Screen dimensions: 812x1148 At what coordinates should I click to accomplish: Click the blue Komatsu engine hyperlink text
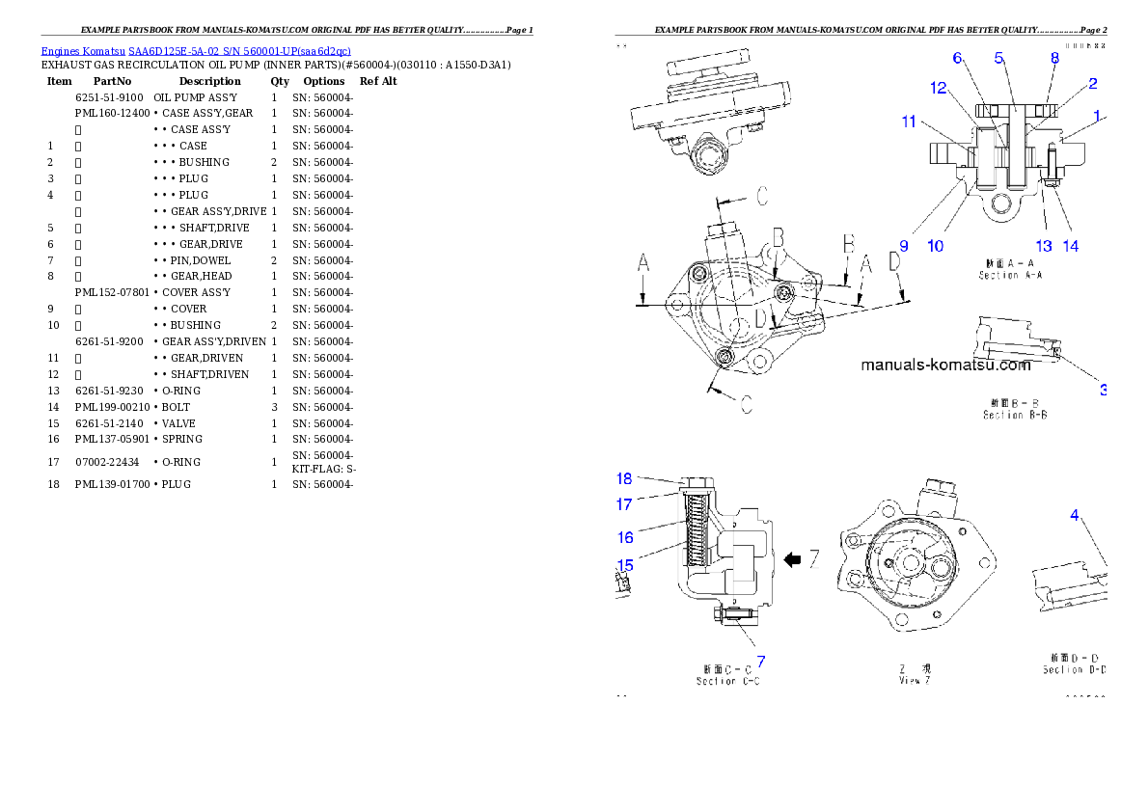point(196,50)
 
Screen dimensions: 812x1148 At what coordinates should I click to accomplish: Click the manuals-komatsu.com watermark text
point(945,365)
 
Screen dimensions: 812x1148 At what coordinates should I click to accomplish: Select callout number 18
point(626,478)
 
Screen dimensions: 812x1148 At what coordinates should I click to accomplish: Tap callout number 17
point(626,503)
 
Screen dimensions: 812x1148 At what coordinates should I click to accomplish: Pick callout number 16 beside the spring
point(626,537)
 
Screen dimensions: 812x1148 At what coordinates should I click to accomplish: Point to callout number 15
point(625,564)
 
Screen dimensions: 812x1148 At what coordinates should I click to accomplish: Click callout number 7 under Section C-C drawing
point(760,662)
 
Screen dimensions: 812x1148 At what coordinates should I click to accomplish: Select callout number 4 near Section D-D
point(1075,515)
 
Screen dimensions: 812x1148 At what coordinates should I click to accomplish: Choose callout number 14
point(1071,246)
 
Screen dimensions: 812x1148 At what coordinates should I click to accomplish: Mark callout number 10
point(936,246)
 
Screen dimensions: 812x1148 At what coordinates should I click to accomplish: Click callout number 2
point(1093,84)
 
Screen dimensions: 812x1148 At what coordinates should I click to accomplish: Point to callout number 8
point(1054,58)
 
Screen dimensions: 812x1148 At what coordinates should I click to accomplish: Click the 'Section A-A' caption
point(1011,275)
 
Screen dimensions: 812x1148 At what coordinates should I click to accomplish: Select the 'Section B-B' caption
point(1015,415)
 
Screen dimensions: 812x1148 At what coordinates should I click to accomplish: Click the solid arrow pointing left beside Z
point(793,559)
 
